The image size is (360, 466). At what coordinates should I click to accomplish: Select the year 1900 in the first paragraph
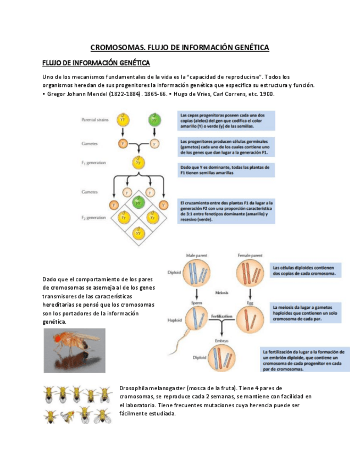267,94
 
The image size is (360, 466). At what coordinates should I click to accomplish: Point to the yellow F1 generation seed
138,163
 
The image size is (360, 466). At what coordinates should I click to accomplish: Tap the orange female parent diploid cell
250,273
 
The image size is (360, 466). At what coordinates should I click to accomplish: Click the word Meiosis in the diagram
222,292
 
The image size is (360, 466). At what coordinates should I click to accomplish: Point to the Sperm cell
196,318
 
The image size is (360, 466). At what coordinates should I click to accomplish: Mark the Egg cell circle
250,318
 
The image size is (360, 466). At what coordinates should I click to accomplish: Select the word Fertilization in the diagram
221,317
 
